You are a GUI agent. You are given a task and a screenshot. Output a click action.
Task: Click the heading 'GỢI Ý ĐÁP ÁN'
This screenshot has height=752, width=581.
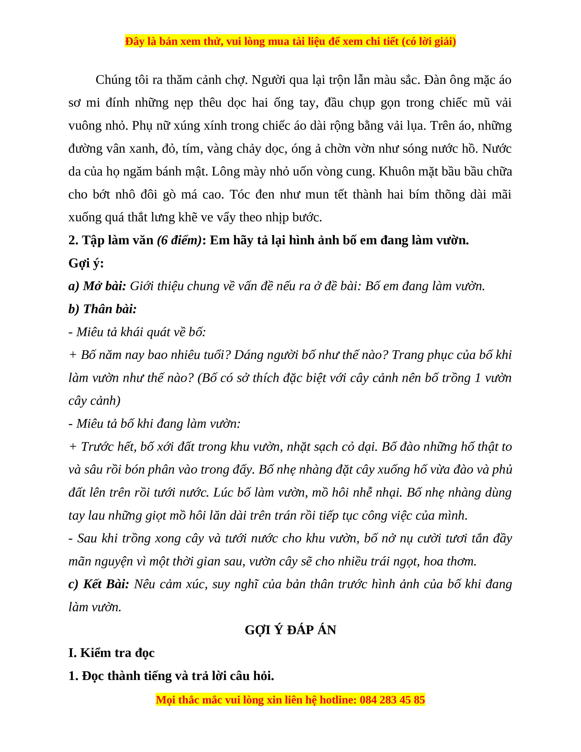point(290,630)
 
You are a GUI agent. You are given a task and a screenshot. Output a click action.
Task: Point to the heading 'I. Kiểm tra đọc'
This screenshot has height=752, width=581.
point(111,653)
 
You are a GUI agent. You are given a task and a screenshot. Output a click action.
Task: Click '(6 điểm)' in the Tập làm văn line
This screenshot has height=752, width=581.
point(179,240)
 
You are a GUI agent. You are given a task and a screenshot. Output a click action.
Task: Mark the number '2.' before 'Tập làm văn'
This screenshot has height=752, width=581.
point(73,240)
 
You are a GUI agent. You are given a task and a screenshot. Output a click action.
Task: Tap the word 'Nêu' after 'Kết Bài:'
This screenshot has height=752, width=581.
point(144,584)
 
